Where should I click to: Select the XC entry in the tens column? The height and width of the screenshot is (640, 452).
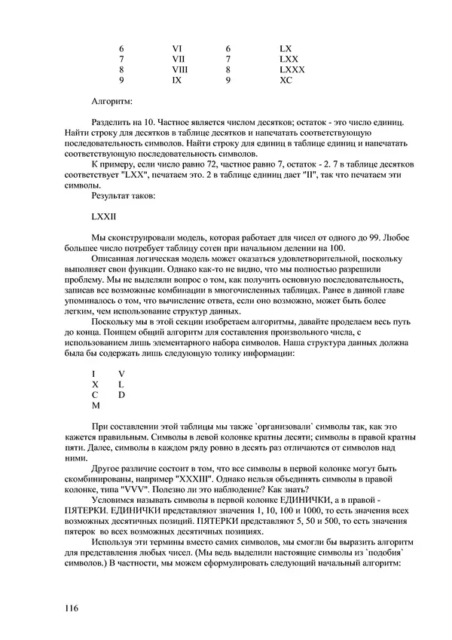(x=286, y=79)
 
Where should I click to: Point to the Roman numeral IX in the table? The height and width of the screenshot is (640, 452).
(x=176, y=79)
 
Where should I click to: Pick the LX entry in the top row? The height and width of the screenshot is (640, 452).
(x=285, y=48)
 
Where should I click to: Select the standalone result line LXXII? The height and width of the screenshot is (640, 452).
(x=102, y=216)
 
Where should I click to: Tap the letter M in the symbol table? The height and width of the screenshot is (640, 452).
(x=96, y=405)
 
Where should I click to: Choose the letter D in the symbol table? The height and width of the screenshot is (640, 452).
(x=121, y=394)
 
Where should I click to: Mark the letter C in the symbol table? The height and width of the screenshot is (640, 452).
(x=95, y=394)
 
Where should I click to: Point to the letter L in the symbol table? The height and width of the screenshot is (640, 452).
(x=121, y=384)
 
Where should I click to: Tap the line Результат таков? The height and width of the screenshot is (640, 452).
(x=124, y=194)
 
